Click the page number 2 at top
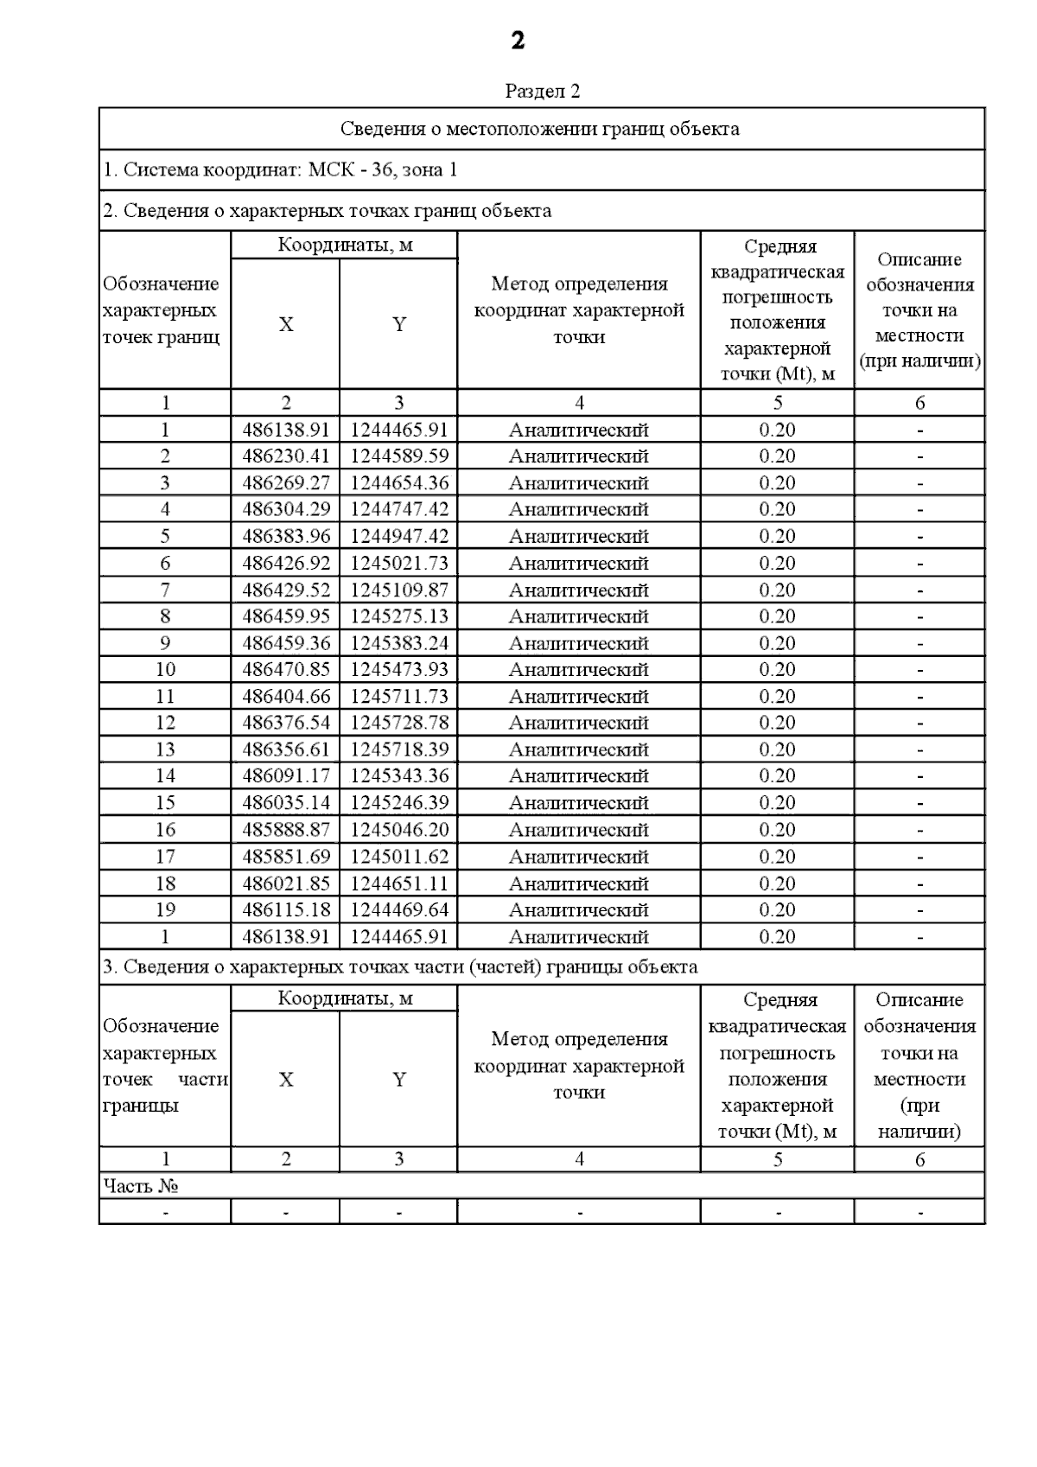pyautogui.click(x=518, y=41)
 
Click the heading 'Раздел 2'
pyautogui.click(x=542, y=91)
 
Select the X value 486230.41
pyautogui.click(x=286, y=456)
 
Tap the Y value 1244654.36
pyautogui.click(x=399, y=482)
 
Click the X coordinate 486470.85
pyautogui.click(x=286, y=669)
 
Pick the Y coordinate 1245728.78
pyautogui.click(x=399, y=722)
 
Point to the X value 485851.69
pyautogui.click(x=286, y=856)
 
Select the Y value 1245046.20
pyautogui.click(x=399, y=829)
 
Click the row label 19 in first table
pyautogui.click(x=165, y=909)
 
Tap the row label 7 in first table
pyautogui.click(x=165, y=590)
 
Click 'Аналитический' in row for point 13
pyautogui.click(x=578, y=749)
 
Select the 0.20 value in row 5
pyautogui.click(x=777, y=536)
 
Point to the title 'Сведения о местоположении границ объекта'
pyautogui.click(x=540, y=129)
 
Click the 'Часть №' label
pyautogui.click(x=141, y=1186)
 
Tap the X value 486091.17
pyautogui.click(x=286, y=775)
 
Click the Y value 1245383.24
pyautogui.click(x=399, y=642)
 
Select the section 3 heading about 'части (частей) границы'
pyautogui.click(x=400, y=966)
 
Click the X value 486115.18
pyautogui.click(x=286, y=909)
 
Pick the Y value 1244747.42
pyautogui.click(x=399, y=509)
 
